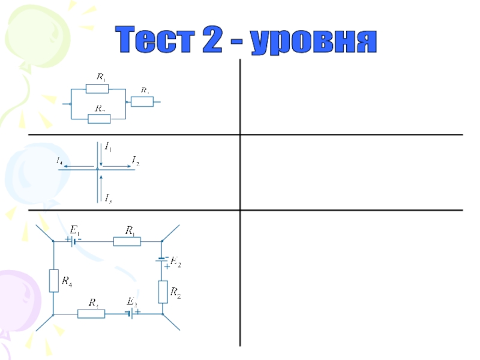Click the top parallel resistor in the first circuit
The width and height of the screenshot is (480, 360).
click(x=97, y=89)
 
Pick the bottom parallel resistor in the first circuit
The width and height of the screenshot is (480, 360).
click(x=99, y=119)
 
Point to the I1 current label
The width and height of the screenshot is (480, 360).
click(x=109, y=146)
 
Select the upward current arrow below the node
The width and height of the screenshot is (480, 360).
click(x=102, y=183)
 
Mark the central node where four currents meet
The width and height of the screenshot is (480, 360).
click(x=97, y=169)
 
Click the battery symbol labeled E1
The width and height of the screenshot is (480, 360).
click(x=73, y=241)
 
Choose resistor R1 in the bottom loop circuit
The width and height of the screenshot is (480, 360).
click(x=127, y=241)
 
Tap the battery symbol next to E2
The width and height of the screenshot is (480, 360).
click(x=162, y=260)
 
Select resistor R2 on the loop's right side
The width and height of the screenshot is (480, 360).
click(x=163, y=292)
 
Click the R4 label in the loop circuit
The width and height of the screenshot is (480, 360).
click(x=67, y=279)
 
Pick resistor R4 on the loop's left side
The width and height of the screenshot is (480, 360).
click(x=53, y=280)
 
